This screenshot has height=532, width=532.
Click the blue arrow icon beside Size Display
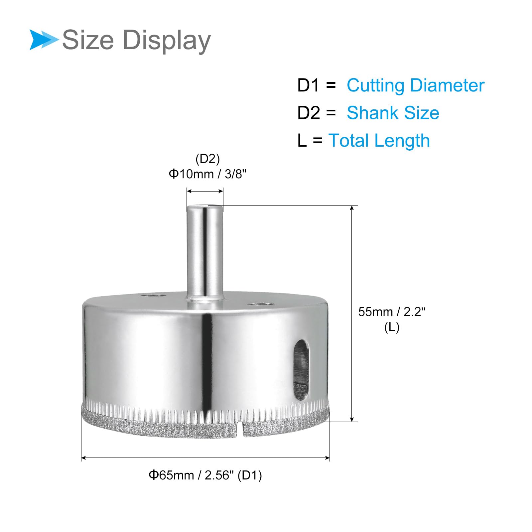click(x=43, y=40)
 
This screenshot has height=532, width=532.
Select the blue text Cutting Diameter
click(x=415, y=85)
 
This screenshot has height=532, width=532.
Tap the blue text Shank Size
click(x=393, y=113)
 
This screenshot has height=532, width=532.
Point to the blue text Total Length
click(x=379, y=140)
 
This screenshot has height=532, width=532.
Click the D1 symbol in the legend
click(x=309, y=85)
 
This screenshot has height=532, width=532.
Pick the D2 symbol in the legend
click(x=309, y=113)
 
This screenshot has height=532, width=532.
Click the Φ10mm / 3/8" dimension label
click(x=208, y=174)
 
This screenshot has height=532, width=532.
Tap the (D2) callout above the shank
click(x=208, y=159)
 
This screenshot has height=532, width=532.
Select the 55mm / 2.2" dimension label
click(x=392, y=312)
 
